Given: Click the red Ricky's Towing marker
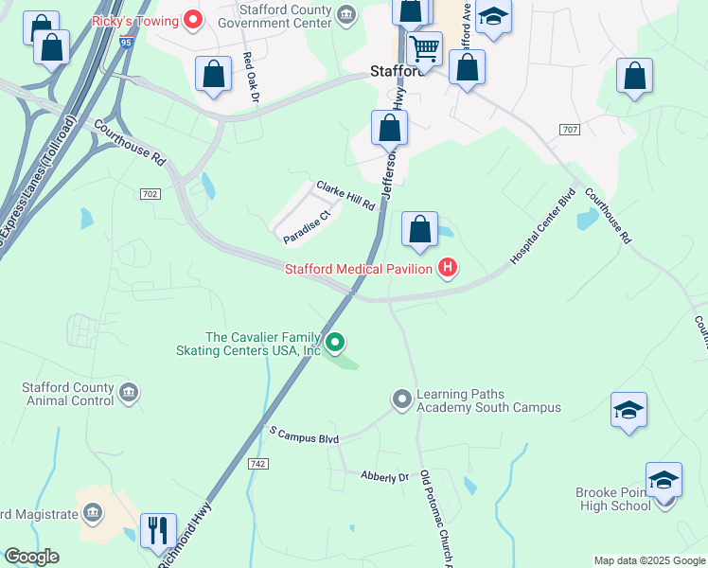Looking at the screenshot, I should pyautogui.click(x=193, y=19).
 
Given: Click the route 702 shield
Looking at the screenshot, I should pyautogui.click(x=153, y=194).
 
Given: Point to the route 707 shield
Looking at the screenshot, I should pyautogui.click(x=569, y=129).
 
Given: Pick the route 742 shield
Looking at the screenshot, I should pyautogui.click(x=257, y=463).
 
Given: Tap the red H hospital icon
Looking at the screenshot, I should pyautogui.click(x=447, y=270).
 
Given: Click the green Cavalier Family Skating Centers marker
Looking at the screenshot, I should pyautogui.click(x=334, y=342).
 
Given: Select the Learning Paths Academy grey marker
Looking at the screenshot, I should pyautogui.click(x=402, y=399).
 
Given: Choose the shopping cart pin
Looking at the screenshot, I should pyautogui.click(x=425, y=47).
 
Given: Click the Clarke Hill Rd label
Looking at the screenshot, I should pyautogui.click(x=345, y=196).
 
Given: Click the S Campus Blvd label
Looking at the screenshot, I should pyautogui.click(x=304, y=436).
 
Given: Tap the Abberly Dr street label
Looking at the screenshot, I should pyautogui.click(x=384, y=477).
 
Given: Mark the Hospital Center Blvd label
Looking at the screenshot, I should pyautogui.click(x=542, y=227).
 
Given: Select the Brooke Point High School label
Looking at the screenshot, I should pyautogui.click(x=613, y=499).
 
